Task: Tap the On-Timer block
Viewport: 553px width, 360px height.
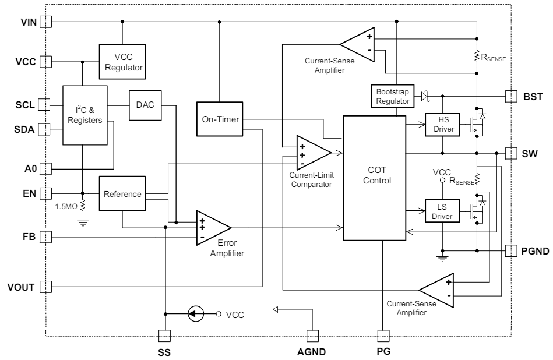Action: click(219, 120)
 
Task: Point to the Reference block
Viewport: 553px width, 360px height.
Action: click(122, 194)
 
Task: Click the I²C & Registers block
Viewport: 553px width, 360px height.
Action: click(84, 115)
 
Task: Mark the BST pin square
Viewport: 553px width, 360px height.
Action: click(510, 95)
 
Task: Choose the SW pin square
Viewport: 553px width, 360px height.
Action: click(510, 153)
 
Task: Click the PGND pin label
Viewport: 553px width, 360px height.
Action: click(534, 251)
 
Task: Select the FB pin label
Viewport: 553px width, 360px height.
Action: click(29, 237)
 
